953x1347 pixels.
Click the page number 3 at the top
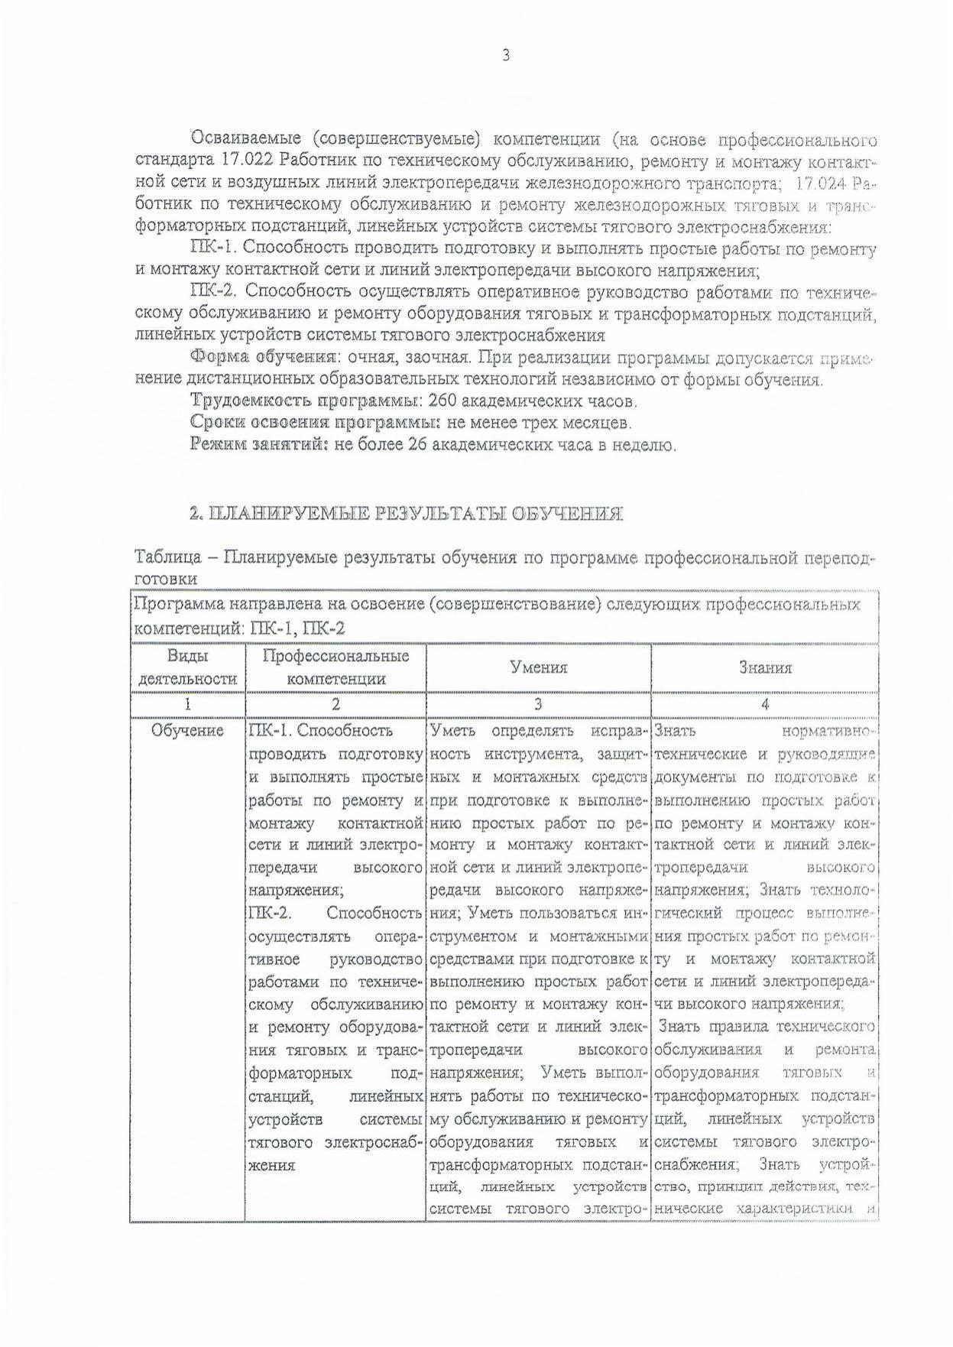pyautogui.click(x=505, y=55)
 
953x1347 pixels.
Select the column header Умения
pyautogui.click(x=539, y=667)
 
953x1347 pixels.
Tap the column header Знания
pyautogui.click(x=765, y=667)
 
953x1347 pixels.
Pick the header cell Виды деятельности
pyautogui.click(x=187, y=667)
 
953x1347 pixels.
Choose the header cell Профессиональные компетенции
pyautogui.click(x=335, y=667)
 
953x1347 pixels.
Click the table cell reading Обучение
pyautogui.click(x=187, y=731)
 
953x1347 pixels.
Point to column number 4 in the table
pyautogui.click(x=765, y=705)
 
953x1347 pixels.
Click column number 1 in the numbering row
pyautogui.click(x=187, y=705)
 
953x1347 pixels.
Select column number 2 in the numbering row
pyautogui.click(x=335, y=705)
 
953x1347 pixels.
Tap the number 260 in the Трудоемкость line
pyautogui.click(x=444, y=401)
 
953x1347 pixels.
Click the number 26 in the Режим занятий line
pyautogui.click(x=417, y=445)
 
